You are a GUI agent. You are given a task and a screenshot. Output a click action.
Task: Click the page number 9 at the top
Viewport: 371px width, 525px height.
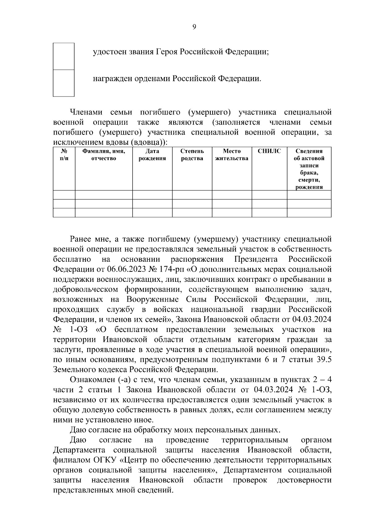(194, 27)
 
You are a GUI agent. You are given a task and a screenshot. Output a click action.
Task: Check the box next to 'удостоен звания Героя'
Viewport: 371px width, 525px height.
(64, 56)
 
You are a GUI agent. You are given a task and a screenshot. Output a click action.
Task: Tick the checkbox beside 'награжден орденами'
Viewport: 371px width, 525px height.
(64, 83)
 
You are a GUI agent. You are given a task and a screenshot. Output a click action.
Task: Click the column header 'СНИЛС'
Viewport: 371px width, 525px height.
(269, 151)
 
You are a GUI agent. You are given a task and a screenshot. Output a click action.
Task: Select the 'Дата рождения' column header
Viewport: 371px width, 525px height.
(152, 155)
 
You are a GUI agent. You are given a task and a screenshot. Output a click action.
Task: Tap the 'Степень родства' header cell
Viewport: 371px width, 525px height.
(192, 155)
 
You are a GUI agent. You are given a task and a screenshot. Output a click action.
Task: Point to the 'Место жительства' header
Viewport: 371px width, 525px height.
(232, 155)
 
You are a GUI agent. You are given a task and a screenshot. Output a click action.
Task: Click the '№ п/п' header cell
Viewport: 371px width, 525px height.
(64, 155)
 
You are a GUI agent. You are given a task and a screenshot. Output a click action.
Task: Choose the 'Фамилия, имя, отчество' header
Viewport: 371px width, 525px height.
(104, 155)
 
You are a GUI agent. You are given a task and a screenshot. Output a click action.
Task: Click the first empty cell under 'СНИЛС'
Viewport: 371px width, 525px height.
(269, 195)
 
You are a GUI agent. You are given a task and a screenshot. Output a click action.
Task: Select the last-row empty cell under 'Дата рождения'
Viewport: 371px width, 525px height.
(152, 213)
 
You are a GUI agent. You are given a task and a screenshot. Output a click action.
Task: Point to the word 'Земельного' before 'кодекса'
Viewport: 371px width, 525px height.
(73, 370)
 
